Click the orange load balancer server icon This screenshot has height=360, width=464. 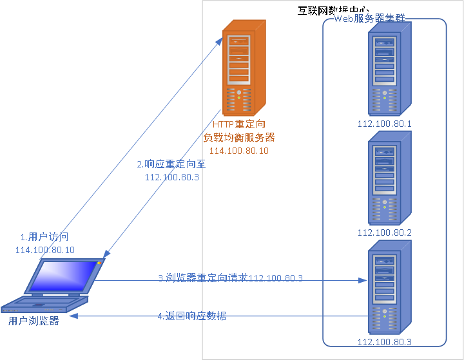point(244,68)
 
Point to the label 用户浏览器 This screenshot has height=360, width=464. point(34,320)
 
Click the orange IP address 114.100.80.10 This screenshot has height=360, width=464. point(238,150)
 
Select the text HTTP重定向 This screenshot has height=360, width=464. point(239,124)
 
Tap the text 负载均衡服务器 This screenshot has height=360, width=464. point(239,137)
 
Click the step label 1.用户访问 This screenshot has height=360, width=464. point(44,238)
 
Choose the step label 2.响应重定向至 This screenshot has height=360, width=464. point(171,165)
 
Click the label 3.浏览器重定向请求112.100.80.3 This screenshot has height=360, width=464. point(231,278)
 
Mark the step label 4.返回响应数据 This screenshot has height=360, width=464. point(192,316)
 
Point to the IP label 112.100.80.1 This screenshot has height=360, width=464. point(385,124)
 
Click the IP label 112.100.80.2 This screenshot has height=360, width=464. point(385,232)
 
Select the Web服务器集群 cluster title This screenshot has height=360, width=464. point(370,19)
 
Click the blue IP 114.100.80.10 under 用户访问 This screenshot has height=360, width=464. point(44,250)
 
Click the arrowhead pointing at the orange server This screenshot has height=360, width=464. point(220,40)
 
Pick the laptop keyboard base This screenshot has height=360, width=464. point(45,301)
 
